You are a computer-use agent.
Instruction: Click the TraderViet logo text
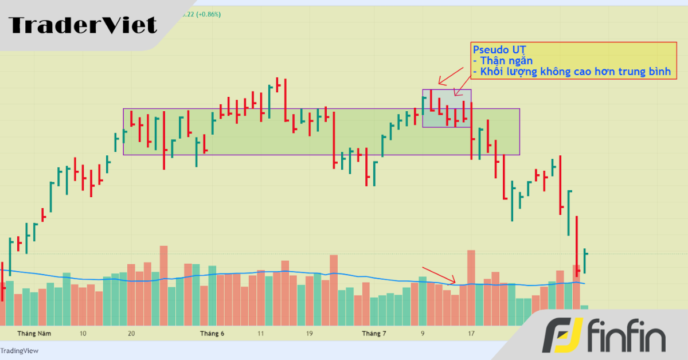pyautogui.click(x=83, y=25)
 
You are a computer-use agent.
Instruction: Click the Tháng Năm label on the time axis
pyautogui.click(x=34, y=333)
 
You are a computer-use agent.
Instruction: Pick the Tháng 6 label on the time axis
pyautogui.click(x=212, y=333)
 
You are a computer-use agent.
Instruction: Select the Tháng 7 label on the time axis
pyautogui.click(x=374, y=333)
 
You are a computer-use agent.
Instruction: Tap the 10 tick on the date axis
pyautogui.click(x=83, y=333)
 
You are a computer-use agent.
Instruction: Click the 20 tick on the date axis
pyautogui.click(x=131, y=333)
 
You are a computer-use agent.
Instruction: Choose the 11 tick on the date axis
pyautogui.click(x=261, y=333)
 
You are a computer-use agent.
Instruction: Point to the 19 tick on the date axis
pyautogui.click(x=309, y=333)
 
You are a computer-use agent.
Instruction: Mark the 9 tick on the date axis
pyautogui.click(x=423, y=333)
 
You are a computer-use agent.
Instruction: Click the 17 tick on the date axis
pyautogui.click(x=471, y=333)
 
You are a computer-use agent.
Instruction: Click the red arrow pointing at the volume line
pyautogui.click(x=439, y=275)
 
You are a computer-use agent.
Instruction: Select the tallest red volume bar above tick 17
pyautogui.click(x=471, y=287)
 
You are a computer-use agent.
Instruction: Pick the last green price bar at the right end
pyautogui.click(x=584, y=261)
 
